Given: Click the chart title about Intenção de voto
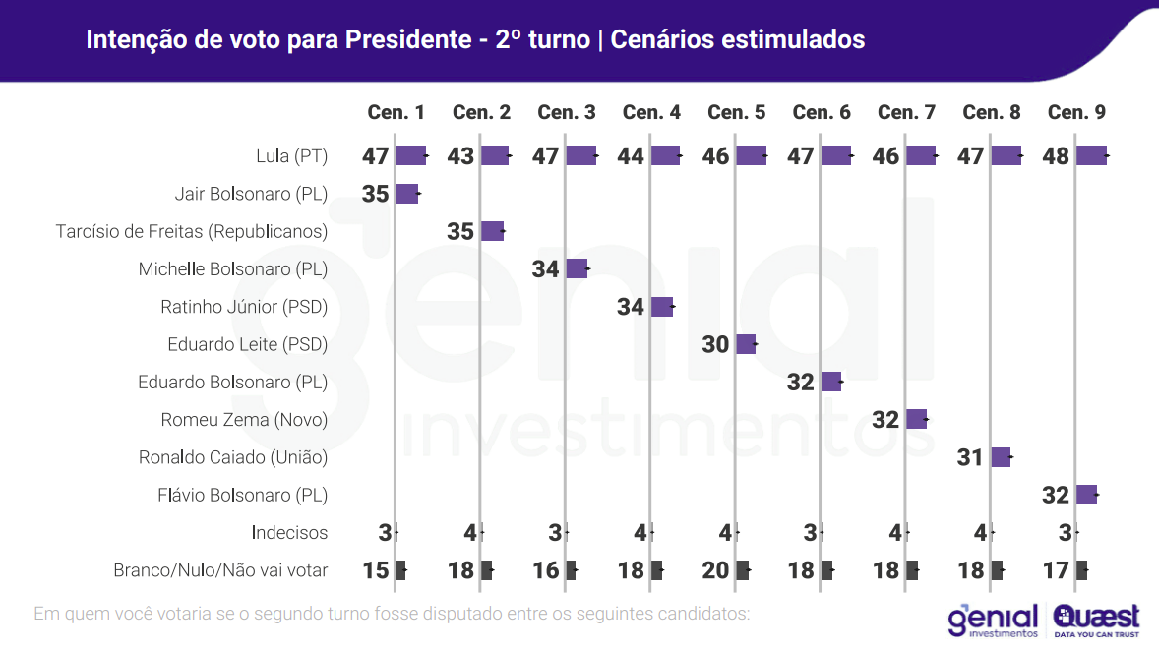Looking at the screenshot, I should click(x=475, y=39).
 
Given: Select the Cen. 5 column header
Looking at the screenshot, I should click(x=736, y=112).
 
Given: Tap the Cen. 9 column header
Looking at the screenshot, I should click(x=1076, y=112).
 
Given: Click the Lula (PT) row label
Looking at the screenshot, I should click(x=291, y=156).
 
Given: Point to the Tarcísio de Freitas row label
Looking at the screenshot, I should click(x=192, y=232).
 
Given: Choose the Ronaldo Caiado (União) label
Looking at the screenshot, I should click(x=233, y=457).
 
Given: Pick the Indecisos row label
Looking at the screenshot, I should click(x=289, y=533).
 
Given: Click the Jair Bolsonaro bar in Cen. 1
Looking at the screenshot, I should click(x=407, y=194).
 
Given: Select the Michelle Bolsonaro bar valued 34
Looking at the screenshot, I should click(x=577, y=269).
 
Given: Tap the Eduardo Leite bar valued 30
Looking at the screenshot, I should click(x=746, y=344).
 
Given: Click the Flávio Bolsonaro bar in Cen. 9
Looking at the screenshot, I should click(x=1086, y=495).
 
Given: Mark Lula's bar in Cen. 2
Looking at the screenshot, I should click(x=495, y=155).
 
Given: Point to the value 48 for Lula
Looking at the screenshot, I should click(x=1055, y=156).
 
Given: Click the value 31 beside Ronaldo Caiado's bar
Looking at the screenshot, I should click(x=970, y=457).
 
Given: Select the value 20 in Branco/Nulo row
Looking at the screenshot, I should click(x=716, y=570).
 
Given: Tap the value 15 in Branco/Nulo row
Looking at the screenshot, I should click(x=376, y=570).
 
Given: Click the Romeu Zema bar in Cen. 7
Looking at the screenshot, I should click(x=916, y=419).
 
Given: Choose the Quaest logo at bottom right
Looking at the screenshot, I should click(x=1096, y=620).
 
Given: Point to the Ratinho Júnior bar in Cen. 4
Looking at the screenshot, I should click(x=661, y=307).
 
